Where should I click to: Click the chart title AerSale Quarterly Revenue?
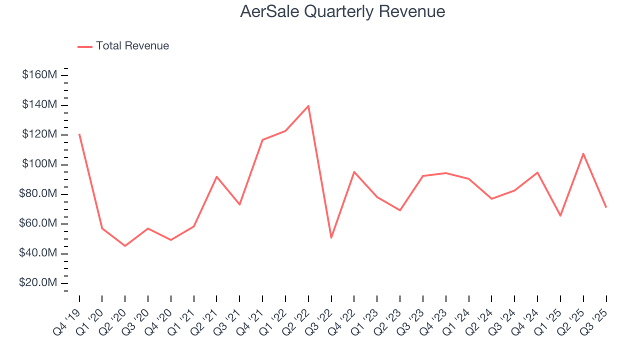[342, 11]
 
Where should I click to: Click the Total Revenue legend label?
[132, 46]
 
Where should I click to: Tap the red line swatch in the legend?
[85, 46]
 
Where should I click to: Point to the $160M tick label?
[39, 75]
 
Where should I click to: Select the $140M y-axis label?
[39, 105]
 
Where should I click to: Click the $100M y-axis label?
[39, 164]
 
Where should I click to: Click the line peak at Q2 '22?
[308, 106]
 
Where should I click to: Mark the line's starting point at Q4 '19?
[79, 134]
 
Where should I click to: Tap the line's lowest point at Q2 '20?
[125, 246]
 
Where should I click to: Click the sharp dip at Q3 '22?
[331, 237]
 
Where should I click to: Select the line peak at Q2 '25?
[583, 153]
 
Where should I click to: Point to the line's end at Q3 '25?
[606, 207]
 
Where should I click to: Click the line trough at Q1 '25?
[560, 215]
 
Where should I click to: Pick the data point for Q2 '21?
[216, 176]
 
